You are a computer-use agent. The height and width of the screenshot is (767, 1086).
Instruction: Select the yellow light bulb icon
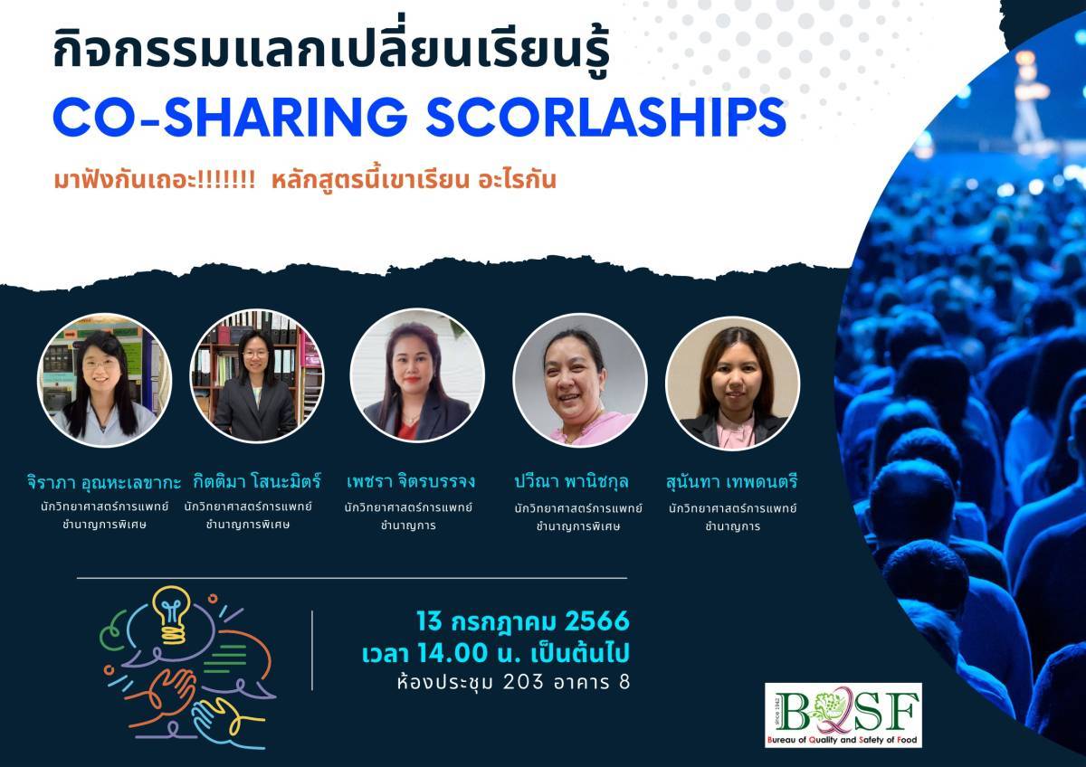click(x=170, y=615)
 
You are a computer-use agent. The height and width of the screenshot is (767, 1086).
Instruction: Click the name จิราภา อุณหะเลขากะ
click(x=104, y=482)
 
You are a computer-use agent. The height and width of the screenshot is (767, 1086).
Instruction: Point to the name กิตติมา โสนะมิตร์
click(x=257, y=481)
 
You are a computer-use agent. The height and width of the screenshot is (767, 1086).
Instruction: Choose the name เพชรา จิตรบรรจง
click(x=411, y=481)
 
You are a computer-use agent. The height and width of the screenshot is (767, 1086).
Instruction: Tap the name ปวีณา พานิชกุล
click(x=571, y=481)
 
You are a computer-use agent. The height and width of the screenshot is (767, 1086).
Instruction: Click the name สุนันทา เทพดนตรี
click(x=731, y=482)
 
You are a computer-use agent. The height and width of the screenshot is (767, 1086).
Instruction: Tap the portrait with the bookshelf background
click(x=257, y=375)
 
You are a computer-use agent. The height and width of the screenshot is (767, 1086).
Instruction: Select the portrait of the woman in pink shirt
click(x=580, y=381)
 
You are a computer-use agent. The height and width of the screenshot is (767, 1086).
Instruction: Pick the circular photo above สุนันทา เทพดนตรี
click(x=732, y=383)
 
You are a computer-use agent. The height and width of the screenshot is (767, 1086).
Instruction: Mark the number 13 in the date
click(x=429, y=621)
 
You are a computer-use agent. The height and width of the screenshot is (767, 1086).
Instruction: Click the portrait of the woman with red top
click(x=417, y=375)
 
